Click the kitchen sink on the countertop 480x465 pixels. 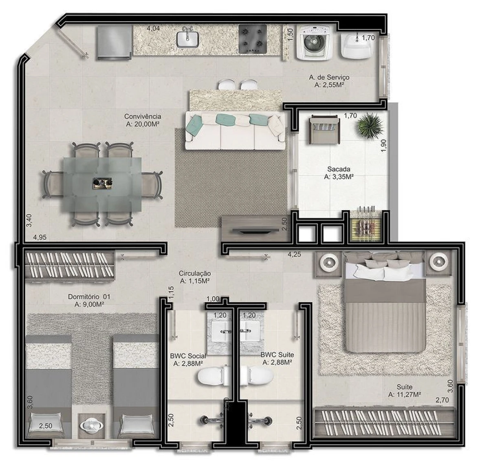[187, 38]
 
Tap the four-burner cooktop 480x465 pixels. [253, 39]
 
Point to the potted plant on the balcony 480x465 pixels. [370, 126]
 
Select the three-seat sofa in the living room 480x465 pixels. [235, 131]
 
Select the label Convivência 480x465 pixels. [143, 117]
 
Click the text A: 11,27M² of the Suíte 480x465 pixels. [404, 394]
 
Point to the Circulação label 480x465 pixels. [194, 273]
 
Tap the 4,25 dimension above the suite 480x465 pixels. [294, 255]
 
